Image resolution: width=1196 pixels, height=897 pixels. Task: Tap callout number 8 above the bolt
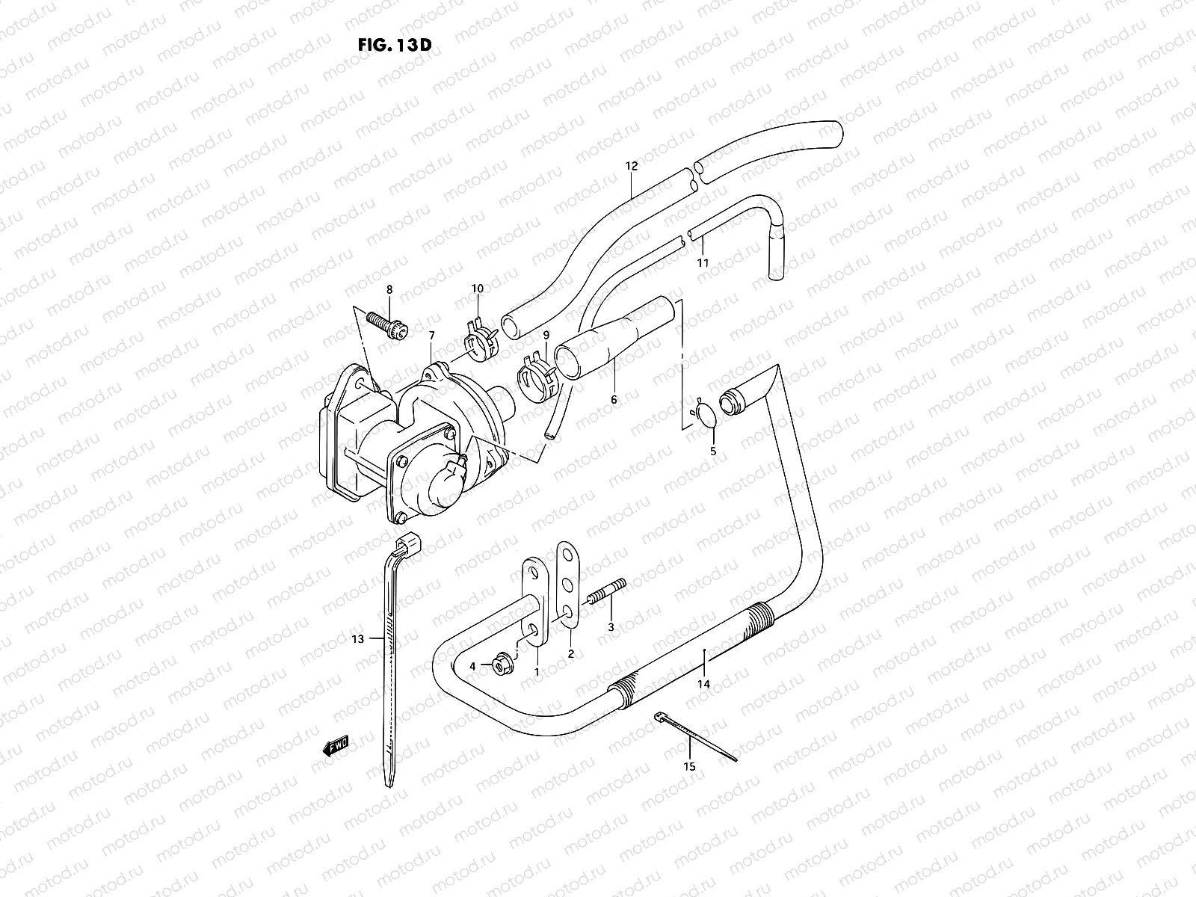389,289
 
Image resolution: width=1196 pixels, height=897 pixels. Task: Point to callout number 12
632,166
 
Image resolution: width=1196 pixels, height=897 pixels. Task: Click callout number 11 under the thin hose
703,262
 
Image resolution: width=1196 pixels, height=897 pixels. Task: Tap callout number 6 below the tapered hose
614,400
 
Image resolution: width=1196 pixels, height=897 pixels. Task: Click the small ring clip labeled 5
706,413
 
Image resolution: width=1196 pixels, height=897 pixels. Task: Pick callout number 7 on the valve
431,336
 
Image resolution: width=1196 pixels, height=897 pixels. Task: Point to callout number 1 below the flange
536,672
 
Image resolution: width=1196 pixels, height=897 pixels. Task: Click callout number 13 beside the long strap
357,639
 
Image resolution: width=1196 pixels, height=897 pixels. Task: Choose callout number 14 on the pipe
703,684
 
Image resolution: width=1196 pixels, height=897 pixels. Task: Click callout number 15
689,767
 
